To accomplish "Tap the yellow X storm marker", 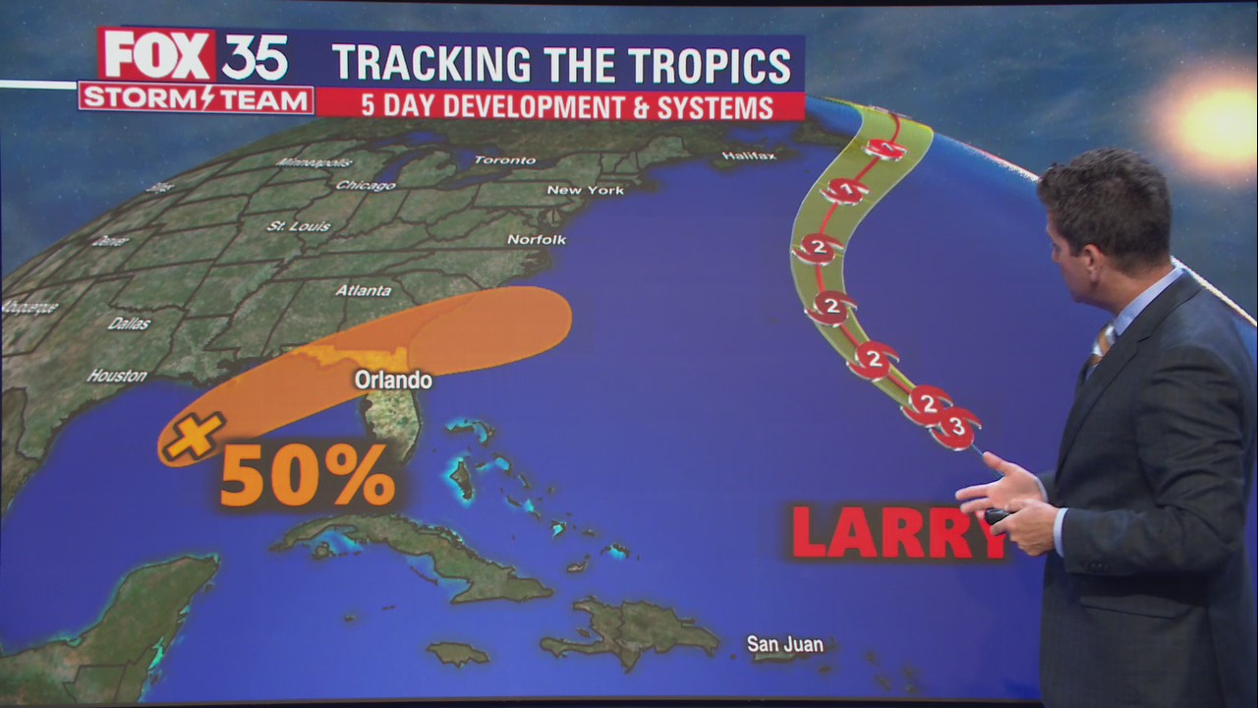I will point(194,436).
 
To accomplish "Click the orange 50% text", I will point(307,478).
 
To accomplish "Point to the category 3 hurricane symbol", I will point(955,427).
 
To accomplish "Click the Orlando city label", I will point(393,380).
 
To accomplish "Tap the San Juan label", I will point(784,645).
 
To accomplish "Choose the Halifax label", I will point(749,155).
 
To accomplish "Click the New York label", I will point(585,190).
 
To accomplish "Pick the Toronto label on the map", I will point(505,159).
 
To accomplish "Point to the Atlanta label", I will point(364,290).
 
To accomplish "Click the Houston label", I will point(117,376).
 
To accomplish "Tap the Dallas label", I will point(129,324).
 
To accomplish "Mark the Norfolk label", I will point(537,239).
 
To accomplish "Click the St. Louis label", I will point(299,226).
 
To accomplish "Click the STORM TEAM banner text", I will point(196,99).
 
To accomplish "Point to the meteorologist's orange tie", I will point(1100,345).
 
